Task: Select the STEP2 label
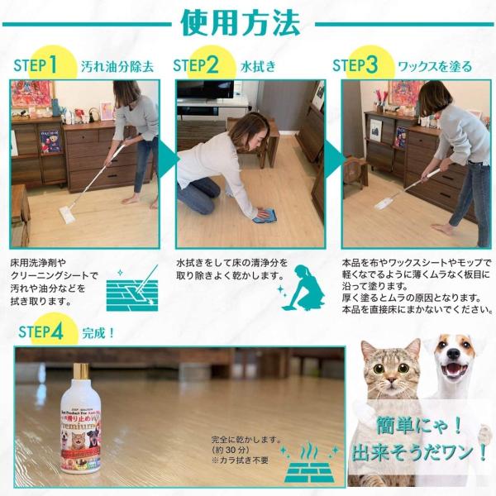click(196, 64)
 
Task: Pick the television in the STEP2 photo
click(204, 90)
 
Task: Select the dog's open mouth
click(453, 371)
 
